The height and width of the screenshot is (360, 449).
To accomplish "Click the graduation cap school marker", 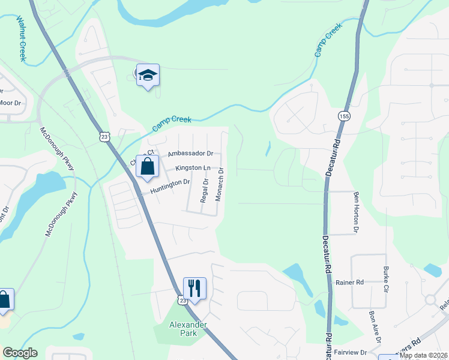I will point(148,76).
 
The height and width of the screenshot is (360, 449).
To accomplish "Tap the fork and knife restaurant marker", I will point(194,289).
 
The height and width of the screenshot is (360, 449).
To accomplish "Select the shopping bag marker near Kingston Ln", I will point(147,167).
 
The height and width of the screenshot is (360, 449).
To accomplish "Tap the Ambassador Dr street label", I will point(190,154).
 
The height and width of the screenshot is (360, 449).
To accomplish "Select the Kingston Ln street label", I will point(193,168).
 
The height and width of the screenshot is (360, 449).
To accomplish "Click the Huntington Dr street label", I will point(170,186).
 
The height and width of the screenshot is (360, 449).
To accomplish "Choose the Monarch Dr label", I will point(220,184).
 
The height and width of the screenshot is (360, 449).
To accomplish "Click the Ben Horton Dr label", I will point(357,212).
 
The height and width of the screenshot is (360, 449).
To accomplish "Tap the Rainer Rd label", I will point(351,282).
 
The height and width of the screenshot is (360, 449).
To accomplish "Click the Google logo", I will point(20,353).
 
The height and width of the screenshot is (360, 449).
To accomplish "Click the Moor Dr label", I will point(10,103).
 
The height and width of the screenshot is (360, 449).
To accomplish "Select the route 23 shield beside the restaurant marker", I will point(181,299).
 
